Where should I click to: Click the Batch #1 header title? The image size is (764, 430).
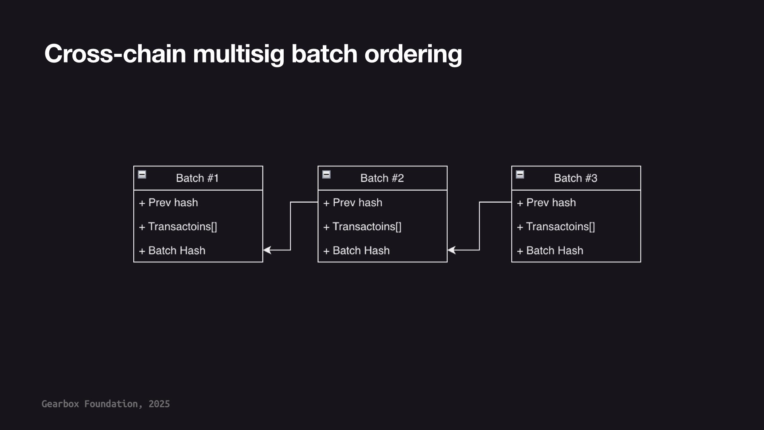coord(197,178)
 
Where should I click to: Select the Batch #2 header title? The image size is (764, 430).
coord(382,178)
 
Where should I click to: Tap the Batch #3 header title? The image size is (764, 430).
coord(575,178)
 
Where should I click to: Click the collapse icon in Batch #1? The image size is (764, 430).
coord(142,174)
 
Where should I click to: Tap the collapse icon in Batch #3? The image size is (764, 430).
coord(520,174)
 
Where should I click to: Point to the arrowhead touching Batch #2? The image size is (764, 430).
coord(452,250)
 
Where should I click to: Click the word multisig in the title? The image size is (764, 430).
coord(238,54)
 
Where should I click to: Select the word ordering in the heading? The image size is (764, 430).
coord(413,54)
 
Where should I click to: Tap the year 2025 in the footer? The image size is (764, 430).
coord(159,404)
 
